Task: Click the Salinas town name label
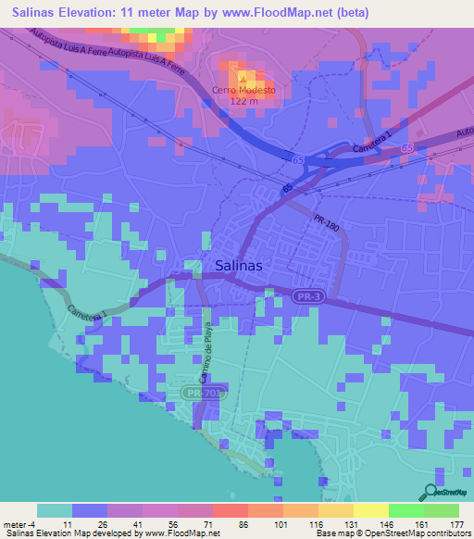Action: (239, 265)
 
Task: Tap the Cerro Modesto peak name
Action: (243, 90)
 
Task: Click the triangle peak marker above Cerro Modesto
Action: (243, 76)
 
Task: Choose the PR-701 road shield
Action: (195, 394)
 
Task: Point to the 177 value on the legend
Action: (457, 525)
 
